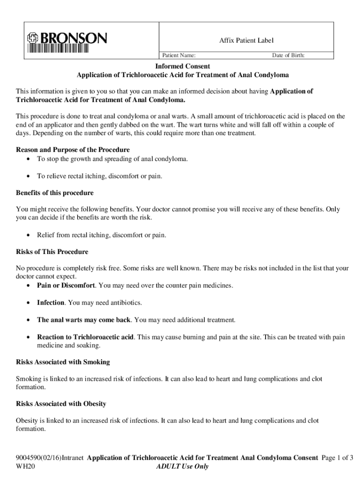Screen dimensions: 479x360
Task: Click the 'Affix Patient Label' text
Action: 246,41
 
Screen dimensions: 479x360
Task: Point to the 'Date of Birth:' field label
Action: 288,56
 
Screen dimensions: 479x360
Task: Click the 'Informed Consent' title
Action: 183,66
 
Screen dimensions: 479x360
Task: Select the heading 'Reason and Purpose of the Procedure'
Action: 73,150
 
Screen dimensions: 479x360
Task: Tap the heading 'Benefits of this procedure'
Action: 55,193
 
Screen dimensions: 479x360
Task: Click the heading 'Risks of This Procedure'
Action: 52,252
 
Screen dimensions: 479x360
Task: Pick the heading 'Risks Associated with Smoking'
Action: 63,362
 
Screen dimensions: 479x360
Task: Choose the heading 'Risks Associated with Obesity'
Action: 61,404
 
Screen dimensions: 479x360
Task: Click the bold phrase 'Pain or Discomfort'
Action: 66,285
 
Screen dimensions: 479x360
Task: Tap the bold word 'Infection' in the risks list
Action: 51,303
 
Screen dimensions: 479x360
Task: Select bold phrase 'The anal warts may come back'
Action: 84,320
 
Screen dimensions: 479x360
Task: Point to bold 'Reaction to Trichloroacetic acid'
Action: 86,337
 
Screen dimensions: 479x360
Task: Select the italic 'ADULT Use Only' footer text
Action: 182,466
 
